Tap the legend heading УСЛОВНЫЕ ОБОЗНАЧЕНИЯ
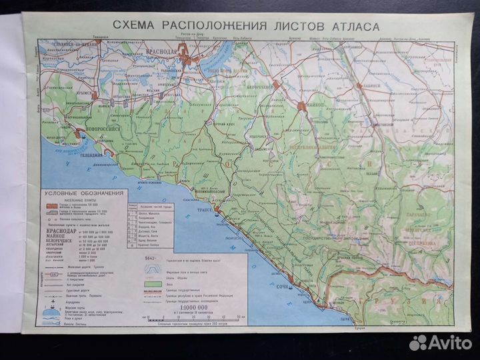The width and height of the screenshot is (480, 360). [x=84, y=193]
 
